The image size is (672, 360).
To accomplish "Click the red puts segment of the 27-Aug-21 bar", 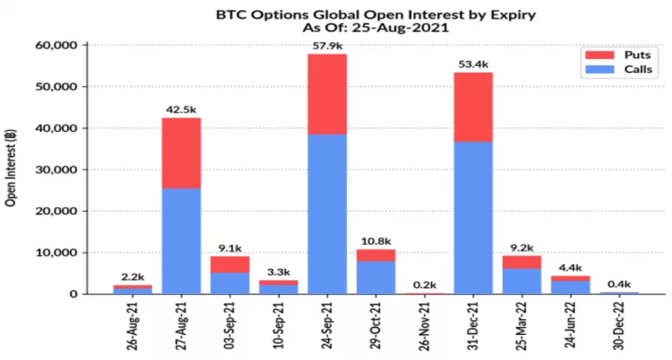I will (181, 153).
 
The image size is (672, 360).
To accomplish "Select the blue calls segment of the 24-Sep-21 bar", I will (327, 213).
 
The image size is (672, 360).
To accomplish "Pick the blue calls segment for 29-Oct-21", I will (375, 277).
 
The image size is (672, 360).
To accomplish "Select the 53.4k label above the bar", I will (473, 63).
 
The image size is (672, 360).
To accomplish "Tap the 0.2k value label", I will (425, 284).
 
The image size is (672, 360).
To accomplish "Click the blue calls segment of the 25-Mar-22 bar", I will (522, 280).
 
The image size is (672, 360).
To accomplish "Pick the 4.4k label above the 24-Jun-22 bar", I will (571, 267).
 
